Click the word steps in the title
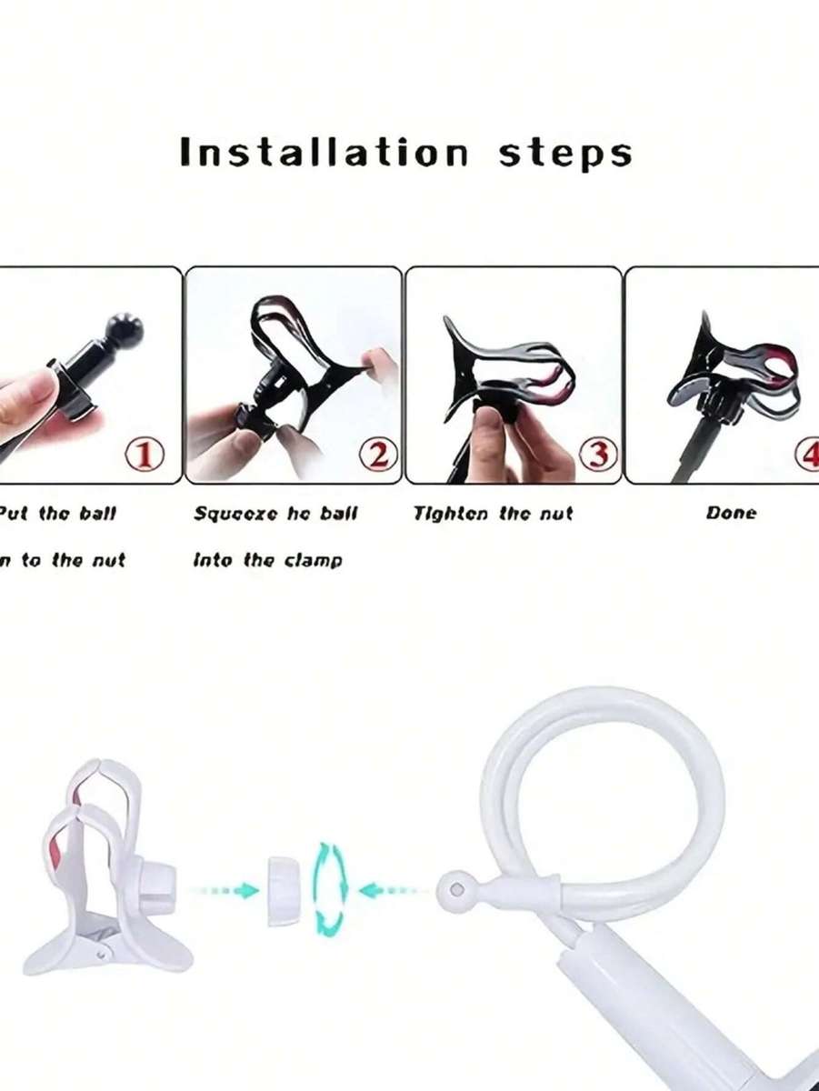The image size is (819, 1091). pos(564,154)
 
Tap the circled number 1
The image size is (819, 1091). pos(145,454)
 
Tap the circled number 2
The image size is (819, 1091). pos(378,454)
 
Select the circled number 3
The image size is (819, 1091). pos(598,454)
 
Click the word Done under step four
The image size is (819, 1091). pos(731,513)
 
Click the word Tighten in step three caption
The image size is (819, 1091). pos(452,513)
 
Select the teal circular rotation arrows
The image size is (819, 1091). pos(330,889)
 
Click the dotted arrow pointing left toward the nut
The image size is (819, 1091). pos(391,890)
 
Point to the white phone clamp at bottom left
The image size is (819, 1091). pos(105,873)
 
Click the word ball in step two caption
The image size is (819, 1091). pos(335,513)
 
